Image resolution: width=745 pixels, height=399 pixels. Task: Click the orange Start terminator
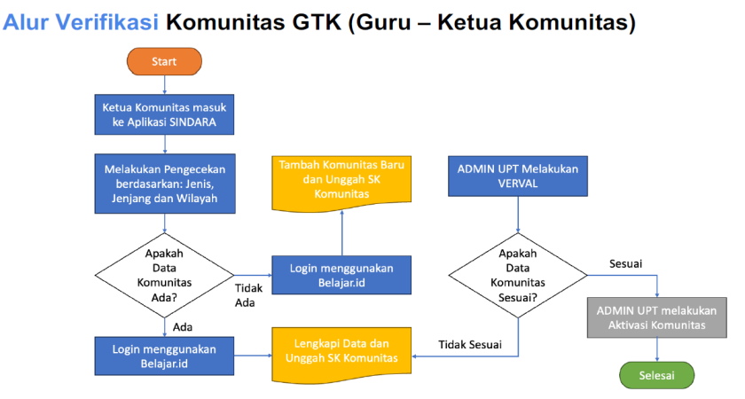164,62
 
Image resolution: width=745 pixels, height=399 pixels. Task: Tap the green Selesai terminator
656,375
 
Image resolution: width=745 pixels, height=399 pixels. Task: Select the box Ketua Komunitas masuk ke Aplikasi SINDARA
164,113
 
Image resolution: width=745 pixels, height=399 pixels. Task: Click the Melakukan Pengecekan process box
164,184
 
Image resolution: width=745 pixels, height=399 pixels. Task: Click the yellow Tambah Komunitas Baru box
341,181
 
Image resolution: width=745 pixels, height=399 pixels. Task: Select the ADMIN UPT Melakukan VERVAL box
518,176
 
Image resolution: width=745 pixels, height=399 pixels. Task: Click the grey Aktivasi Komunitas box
656,317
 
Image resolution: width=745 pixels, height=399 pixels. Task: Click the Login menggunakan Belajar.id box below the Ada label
164,356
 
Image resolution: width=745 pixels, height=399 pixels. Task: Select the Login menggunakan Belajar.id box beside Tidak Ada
341,275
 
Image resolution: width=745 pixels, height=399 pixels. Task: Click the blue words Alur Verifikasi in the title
81,22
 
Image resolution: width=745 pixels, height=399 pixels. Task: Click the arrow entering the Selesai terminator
656,349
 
